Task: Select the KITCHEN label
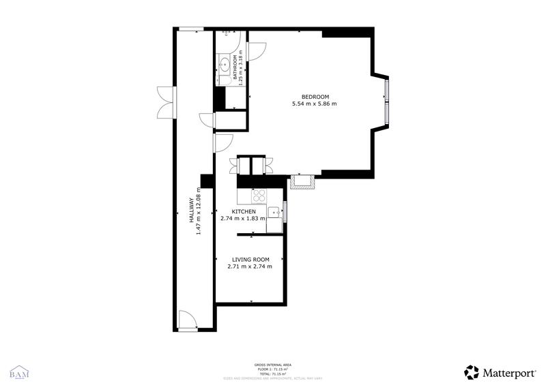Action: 244,212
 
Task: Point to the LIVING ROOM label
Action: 250,260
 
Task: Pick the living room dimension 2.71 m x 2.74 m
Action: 250,267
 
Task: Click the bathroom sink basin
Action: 223,65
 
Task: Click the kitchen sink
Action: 274,211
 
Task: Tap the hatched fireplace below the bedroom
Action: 301,181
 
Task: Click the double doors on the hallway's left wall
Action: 164,103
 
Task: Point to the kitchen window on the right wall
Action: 285,211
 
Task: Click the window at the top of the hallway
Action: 190,29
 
